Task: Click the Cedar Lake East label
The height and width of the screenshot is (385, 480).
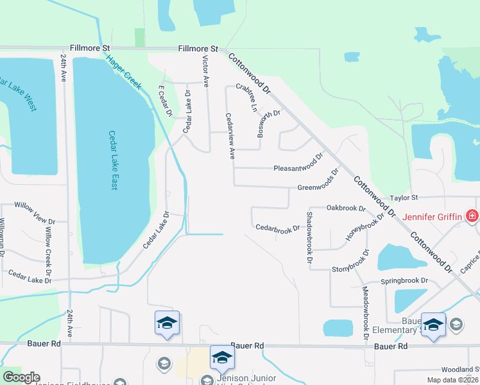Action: (x=112, y=160)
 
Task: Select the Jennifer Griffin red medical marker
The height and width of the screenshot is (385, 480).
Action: (x=472, y=216)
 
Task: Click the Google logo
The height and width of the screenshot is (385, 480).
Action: (x=21, y=377)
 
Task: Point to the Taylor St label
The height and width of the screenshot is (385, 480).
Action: (x=405, y=198)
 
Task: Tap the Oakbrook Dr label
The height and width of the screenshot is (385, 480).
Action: (x=345, y=209)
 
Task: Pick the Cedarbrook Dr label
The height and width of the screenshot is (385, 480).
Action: (x=277, y=228)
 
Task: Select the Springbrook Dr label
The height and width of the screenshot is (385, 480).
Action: (x=404, y=280)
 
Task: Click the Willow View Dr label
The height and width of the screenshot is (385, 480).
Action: (x=30, y=214)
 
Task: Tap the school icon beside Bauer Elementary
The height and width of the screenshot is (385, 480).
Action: (x=456, y=323)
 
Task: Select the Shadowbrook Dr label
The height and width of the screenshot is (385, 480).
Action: (x=309, y=237)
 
